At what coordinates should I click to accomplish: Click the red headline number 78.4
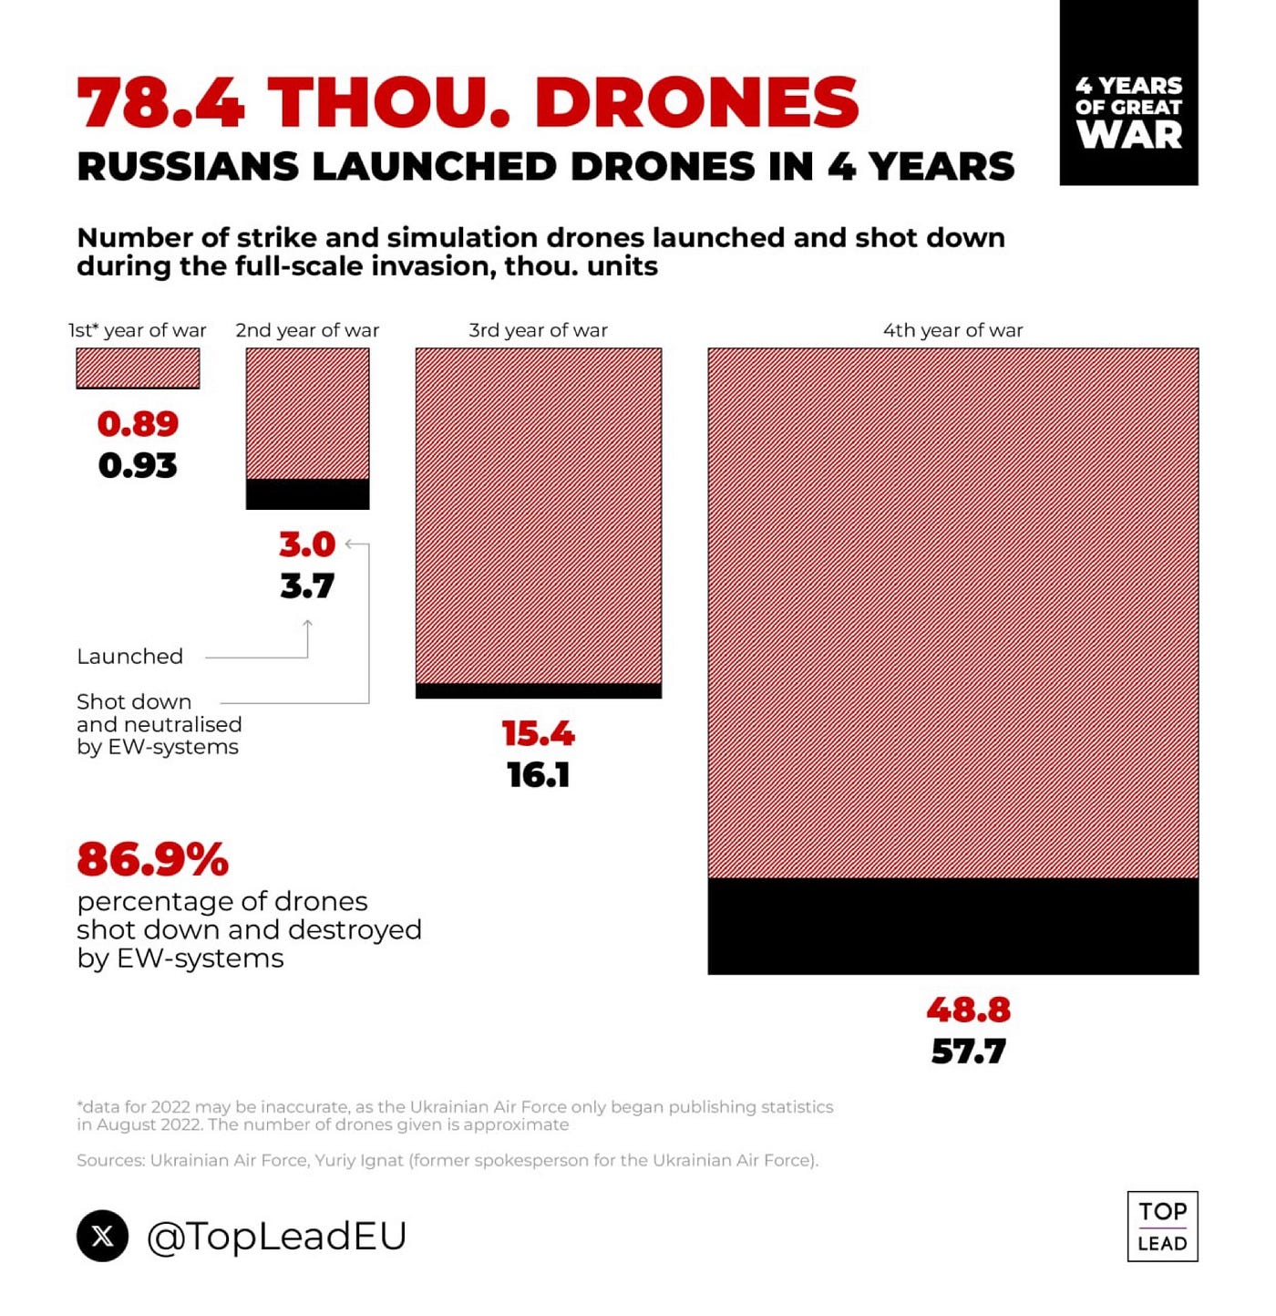pos(161,101)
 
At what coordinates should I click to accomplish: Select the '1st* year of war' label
pos(138,330)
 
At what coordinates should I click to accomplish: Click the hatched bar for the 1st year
pos(138,368)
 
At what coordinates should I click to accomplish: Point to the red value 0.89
pos(138,424)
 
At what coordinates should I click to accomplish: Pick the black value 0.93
pos(138,466)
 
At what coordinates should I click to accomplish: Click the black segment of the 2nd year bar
pos(307,494)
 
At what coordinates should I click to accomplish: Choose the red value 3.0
pos(307,544)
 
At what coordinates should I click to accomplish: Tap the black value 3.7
pos(307,585)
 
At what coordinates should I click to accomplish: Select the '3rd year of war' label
pos(538,330)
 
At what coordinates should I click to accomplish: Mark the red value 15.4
pos(538,734)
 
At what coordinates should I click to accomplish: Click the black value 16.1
pos(538,775)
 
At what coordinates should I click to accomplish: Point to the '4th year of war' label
pos(952,330)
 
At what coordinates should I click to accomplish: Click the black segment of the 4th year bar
pos(952,927)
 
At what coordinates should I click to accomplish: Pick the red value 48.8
pos(968,1010)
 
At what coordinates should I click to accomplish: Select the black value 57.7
pos(968,1052)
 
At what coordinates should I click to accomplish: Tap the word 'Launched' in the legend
pos(129,657)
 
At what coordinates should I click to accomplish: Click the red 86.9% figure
pos(152,859)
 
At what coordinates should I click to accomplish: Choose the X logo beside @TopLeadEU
pos(102,1236)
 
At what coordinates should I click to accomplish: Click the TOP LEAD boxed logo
pos(1162,1227)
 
